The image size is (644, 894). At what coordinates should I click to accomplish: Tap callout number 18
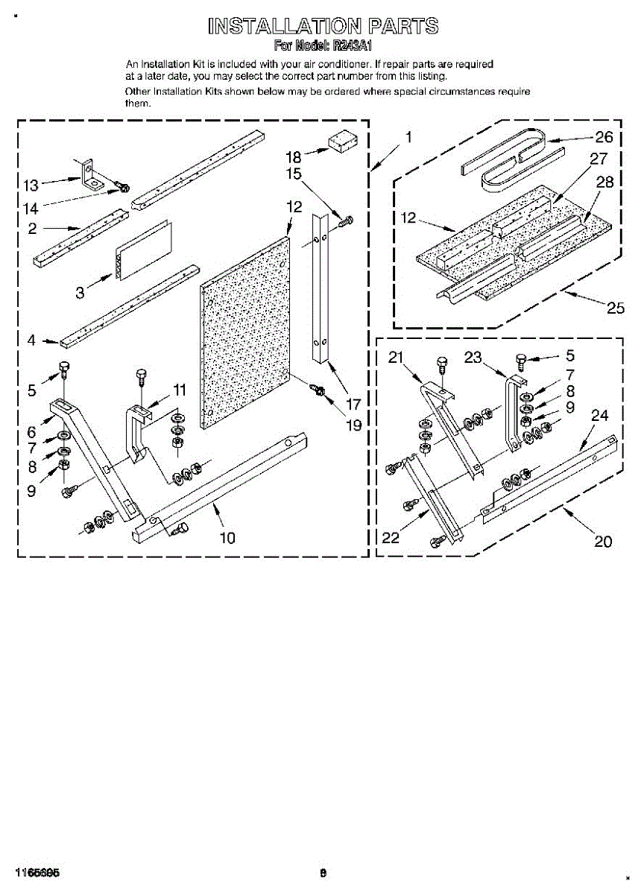coord(294,156)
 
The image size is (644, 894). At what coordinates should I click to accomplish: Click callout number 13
coord(31,186)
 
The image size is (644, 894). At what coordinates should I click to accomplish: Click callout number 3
coord(80,292)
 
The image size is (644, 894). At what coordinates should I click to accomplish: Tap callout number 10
coord(227,537)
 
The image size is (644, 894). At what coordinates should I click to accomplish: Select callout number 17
coord(353,405)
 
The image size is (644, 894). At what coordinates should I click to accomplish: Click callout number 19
coord(353,425)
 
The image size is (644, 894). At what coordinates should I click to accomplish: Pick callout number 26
coord(603,136)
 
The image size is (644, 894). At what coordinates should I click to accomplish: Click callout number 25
coord(616,307)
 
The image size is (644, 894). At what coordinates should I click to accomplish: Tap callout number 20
coord(602,542)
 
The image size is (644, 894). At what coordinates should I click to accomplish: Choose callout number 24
coord(600,416)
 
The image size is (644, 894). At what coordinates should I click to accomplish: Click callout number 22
coord(391,537)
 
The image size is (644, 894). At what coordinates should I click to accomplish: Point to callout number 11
coord(180,389)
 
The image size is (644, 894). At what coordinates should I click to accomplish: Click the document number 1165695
coord(35,872)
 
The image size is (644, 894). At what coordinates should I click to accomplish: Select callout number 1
coord(408,137)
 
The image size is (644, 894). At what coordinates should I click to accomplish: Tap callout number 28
coord(604,183)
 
